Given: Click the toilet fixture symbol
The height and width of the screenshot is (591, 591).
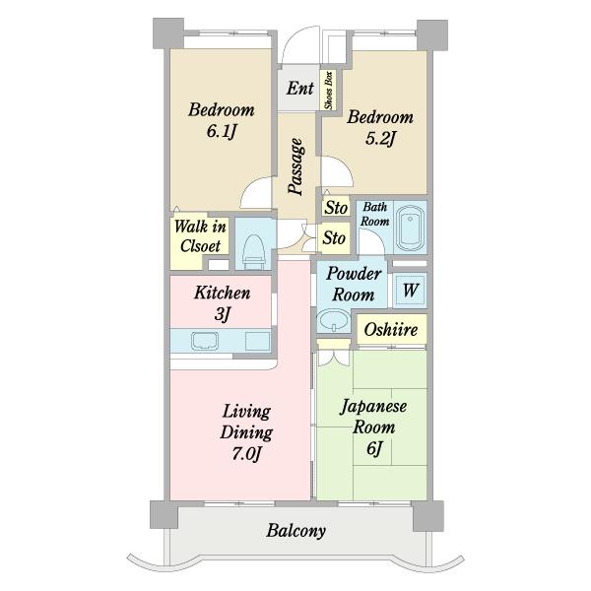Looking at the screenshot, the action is [253, 251].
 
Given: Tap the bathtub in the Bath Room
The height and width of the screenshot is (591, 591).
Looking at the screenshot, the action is [410, 228].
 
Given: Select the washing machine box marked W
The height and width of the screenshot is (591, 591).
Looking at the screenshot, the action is [410, 291].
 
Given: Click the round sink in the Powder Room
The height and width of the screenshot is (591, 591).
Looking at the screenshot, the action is [333, 321].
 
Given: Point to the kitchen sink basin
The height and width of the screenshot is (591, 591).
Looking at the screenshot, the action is [205, 341].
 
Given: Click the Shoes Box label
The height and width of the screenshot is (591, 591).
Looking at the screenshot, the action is [329, 90].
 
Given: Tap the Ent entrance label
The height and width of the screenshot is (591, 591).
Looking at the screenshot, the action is [300, 89].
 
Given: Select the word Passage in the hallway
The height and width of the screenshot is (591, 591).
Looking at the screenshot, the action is [296, 167].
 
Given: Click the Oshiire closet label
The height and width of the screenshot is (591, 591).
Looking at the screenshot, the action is [391, 330].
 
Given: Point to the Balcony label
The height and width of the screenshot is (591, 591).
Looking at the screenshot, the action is [295, 532].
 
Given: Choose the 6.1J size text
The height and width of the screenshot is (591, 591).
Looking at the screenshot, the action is [222, 132].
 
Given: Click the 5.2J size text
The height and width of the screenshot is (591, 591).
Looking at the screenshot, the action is [380, 139].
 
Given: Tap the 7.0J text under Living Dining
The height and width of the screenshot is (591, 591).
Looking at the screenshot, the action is [246, 454].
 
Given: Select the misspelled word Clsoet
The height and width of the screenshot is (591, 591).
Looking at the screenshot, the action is [200, 246].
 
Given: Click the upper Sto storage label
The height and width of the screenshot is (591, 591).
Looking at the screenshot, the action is [336, 208].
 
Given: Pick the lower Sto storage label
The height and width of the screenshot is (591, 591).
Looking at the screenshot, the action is [334, 238].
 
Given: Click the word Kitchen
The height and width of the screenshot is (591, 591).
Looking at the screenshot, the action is [223, 293].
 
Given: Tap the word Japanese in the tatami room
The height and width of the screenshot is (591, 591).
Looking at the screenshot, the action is [373, 407].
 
